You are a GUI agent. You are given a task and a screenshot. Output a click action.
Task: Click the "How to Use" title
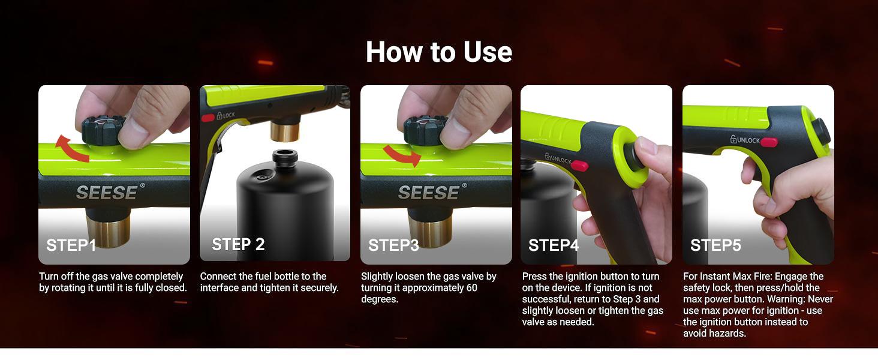(x=438, y=52)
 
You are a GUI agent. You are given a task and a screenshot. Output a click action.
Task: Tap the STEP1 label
(x=71, y=245)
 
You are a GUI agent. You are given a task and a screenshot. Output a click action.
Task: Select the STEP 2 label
(x=238, y=244)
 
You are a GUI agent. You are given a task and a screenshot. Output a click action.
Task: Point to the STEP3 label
(x=393, y=245)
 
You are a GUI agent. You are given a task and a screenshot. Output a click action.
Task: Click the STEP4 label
(x=554, y=245)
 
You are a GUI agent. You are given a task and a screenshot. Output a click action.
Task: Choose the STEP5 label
(x=715, y=245)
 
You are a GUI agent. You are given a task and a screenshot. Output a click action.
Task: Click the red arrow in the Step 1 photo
(x=71, y=149)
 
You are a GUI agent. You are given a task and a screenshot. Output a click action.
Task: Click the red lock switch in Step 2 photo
(x=208, y=118)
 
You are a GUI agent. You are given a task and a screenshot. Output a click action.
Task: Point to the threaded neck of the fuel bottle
(x=285, y=158)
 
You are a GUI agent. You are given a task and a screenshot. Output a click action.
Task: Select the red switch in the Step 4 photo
(x=579, y=166)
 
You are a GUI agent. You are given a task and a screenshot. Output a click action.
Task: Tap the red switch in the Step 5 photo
(x=769, y=142)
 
